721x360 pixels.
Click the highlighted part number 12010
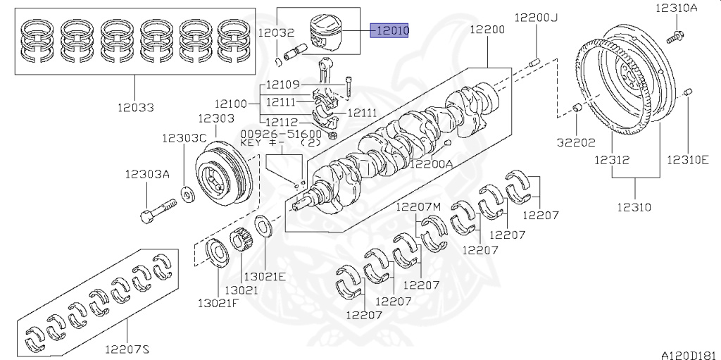pyautogui.click(x=392, y=32)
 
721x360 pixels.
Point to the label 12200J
pyautogui.click(x=536, y=17)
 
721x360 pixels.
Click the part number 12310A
pyautogui.click(x=677, y=8)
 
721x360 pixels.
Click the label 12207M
pyautogui.click(x=418, y=206)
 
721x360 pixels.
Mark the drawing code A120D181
pyautogui.click(x=689, y=354)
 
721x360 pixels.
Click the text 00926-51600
pyautogui.click(x=281, y=133)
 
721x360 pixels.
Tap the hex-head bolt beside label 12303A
pyautogui.click(x=158, y=211)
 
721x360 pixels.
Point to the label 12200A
pyautogui.click(x=432, y=163)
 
